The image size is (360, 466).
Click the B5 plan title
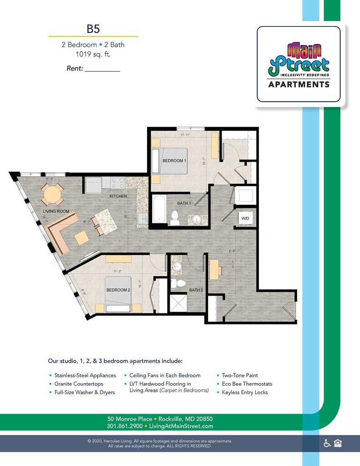(x=93, y=29)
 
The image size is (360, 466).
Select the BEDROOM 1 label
(x=175, y=161)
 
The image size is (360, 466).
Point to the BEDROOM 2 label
(x=118, y=290)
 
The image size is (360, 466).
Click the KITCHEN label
(x=117, y=196)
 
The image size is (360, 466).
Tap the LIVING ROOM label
(x=56, y=212)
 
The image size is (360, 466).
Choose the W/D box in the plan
(x=245, y=218)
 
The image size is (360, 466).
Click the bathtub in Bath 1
(x=159, y=209)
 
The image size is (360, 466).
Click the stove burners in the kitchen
(x=118, y=183)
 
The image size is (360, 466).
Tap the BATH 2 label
(x=196, y=290)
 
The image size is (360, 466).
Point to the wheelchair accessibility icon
(x=327, y=443)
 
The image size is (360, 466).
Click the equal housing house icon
(x=338, y=443)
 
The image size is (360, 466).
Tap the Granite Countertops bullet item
(x=79, y=384)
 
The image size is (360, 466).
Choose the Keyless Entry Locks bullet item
(x=245, y=392)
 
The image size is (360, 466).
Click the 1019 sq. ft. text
(x=93, y=54)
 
